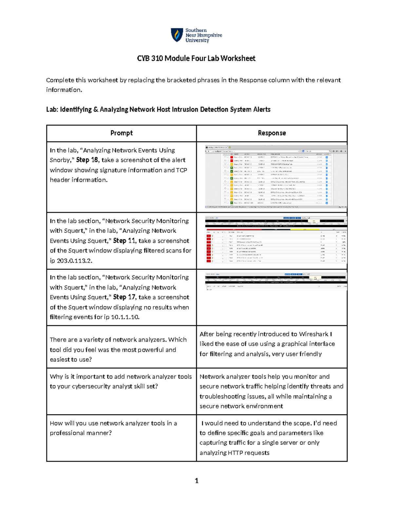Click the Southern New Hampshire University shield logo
(x=177, y=35)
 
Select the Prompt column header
(x=122, y=133)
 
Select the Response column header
(x=271, y=133)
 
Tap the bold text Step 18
(x=87, y=160)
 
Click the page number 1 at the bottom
(x=196, y=481)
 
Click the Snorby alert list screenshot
(x=276, y=177)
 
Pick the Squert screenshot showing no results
(x=276, y=281)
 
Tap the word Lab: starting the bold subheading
(x=52, y=110)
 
